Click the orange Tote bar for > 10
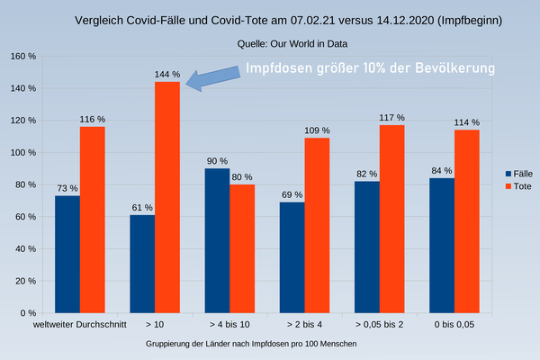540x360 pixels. [x=167, y=198]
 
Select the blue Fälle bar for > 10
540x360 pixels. [x=142, y=265]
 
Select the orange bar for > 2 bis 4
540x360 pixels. [x=317, y=226]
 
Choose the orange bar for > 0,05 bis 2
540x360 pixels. [x=392, y=220]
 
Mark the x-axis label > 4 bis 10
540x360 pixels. [x=229, y=324]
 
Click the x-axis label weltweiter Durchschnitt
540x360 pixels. [x=80, y=324]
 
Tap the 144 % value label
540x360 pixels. [x=167, y=74]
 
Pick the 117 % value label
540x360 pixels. [x=392, y=117]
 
